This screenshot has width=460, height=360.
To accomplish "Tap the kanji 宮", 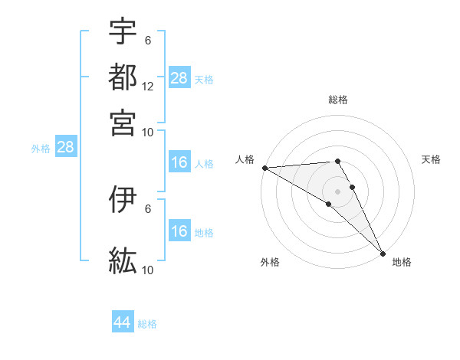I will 123,123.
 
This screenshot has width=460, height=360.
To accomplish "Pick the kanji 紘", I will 123,260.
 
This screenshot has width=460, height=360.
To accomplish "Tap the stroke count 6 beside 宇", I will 148,40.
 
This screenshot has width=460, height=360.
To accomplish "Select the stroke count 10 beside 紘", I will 148,270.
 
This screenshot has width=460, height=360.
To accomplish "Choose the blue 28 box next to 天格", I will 179,78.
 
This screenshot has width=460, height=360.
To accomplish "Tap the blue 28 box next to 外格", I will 65,148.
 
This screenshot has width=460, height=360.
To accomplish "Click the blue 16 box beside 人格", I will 179,162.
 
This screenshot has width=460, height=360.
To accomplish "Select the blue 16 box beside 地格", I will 179,231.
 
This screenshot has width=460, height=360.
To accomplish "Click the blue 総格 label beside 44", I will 147,324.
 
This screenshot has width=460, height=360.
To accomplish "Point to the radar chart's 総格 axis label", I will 337,100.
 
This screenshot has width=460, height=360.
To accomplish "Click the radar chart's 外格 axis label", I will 270,262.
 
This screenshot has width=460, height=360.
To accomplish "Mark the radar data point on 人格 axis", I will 264,168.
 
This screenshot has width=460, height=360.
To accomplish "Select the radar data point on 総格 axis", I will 337,161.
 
